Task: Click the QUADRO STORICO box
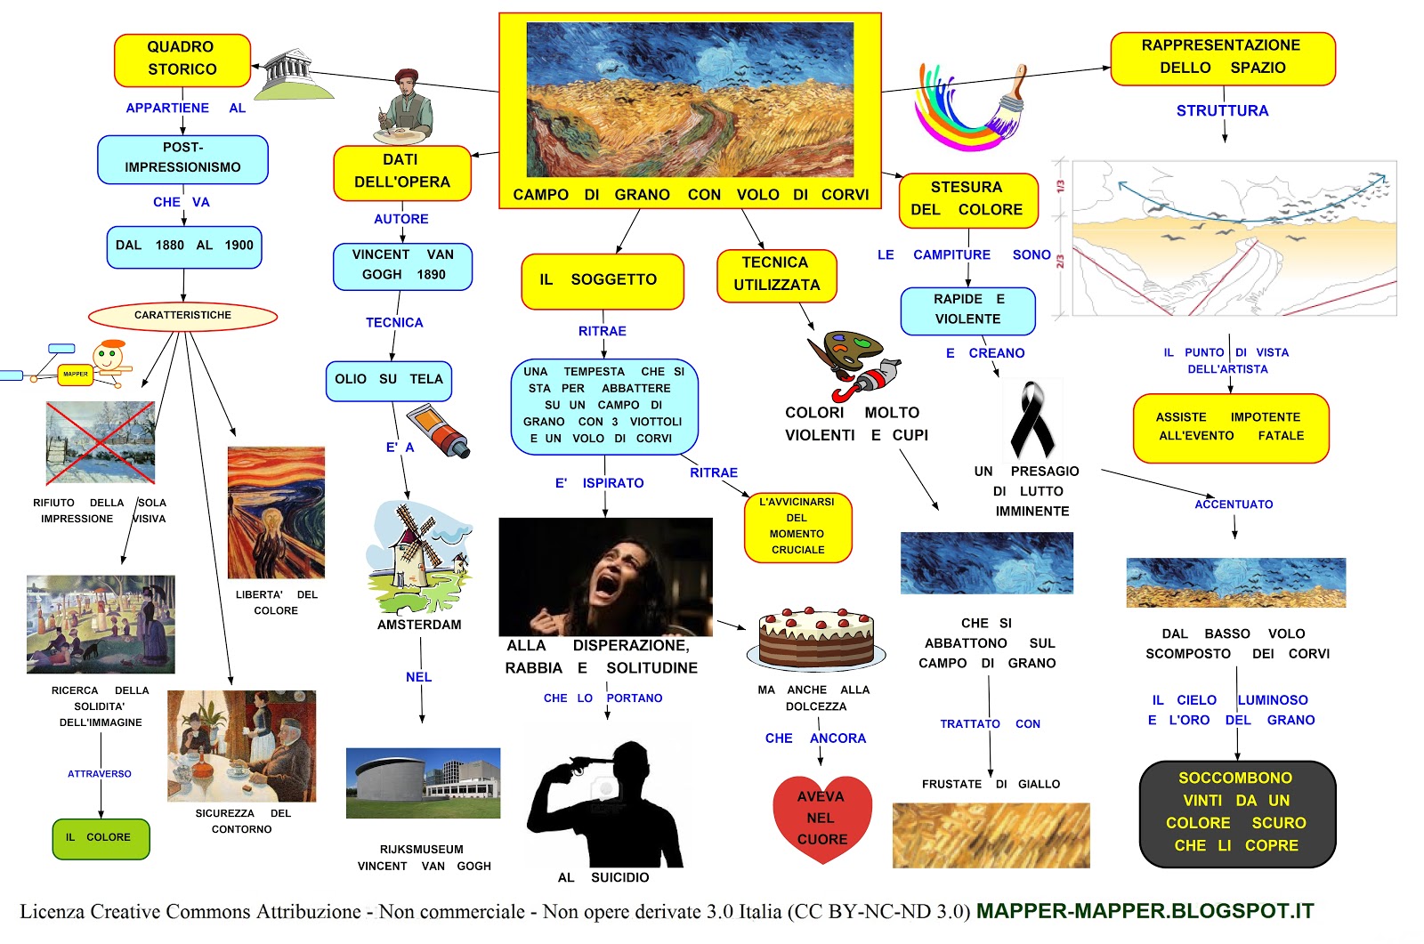point(182,59)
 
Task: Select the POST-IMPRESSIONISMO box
point(182,158)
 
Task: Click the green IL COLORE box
point(101,838)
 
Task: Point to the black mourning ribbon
point(1032,419)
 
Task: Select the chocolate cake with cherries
point(816,638)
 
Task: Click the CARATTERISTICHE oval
point(182,316)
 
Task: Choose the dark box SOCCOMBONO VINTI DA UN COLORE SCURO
point(1237,812)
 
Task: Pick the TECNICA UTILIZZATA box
point(776,275)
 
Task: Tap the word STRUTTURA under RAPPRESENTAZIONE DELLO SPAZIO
point(1222,111)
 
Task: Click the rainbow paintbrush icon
point(970,107)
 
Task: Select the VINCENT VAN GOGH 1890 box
point(402,265)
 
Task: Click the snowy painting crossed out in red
point(101,442)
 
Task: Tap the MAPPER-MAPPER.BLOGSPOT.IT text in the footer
point(1145,911)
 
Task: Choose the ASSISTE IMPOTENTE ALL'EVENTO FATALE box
point(1231,427)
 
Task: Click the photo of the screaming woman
point(605,576)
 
